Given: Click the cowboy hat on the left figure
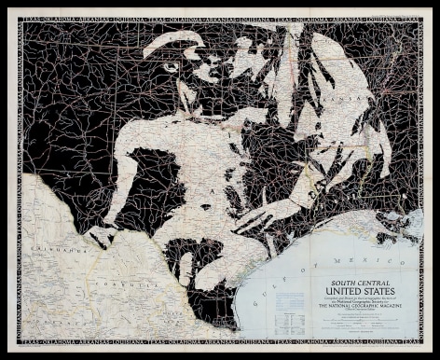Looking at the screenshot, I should (x=177, y=42).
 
